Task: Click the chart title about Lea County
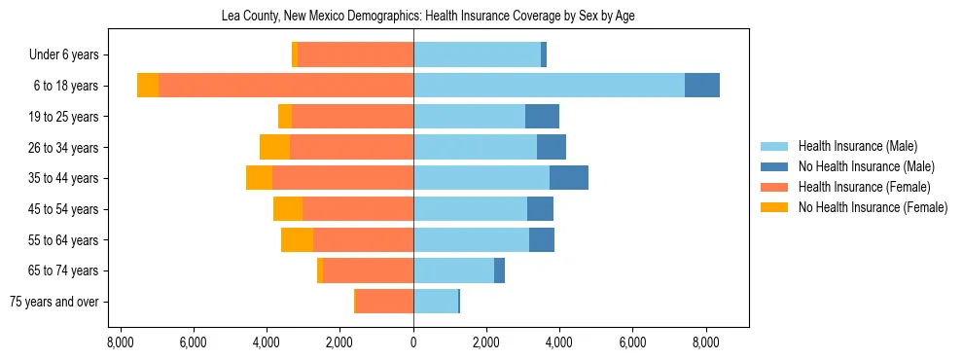pyautogui.click(x=429, y=17)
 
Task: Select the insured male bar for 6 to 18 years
pyautogui.click(x=549, y=86)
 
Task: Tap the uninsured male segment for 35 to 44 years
pyautogui.click(x=569, y=178)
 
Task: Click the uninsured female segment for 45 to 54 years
pyautogui.click(x=288, y=209)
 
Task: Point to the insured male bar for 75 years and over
pyautogui.click(x=435, y=302)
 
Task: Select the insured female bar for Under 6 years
pyautogui.click(x=355, y=54)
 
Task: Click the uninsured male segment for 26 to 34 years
pyautogui.click(x=552, y=147)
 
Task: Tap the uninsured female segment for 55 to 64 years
pyautogui.click(x=297, y=240)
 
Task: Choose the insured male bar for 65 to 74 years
pyautogui.click(x=453, y=270)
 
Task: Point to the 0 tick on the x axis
pyautogui.click(x=413, y=342)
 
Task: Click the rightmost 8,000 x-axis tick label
pyautogui.click(x=705, y=342)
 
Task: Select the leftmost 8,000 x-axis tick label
pyautogui.click(x=121, y=342)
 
